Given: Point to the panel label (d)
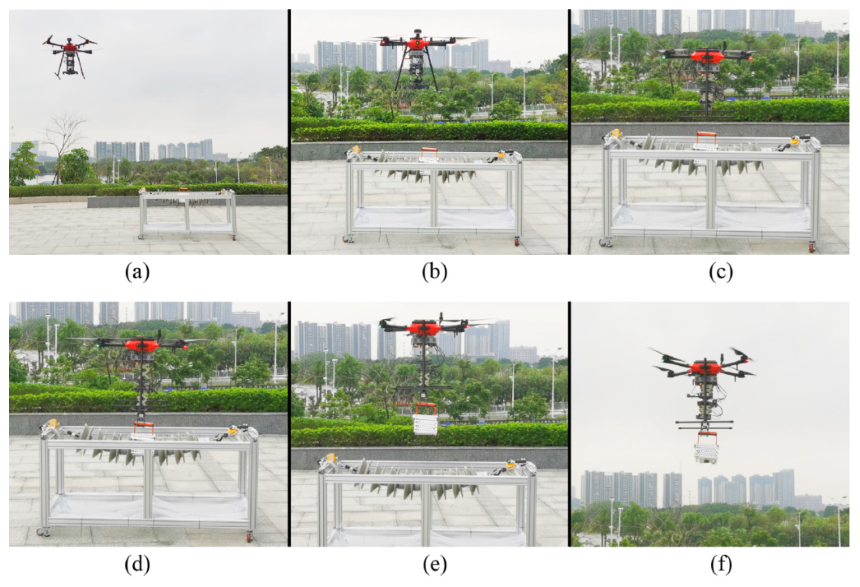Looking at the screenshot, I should pyautogui.click(x=137, y=565).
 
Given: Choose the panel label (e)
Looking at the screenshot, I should pyautogui.click(x=434, y=565).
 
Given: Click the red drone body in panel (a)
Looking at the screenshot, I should pyautogui.click(x=69, y=47).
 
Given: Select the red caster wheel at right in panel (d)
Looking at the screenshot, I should pyautogui.click(x=249, y=537).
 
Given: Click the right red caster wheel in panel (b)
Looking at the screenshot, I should pyautogui.click(x=516, y=242).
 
